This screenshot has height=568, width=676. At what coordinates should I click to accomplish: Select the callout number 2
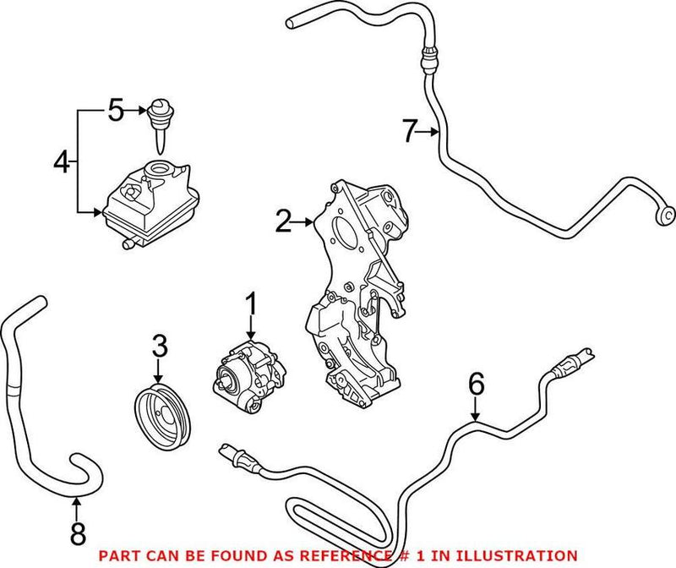pos(283,222)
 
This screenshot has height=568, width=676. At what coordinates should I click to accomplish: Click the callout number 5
pos(117,109)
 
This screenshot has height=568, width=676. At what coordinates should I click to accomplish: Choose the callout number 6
pos(477,385)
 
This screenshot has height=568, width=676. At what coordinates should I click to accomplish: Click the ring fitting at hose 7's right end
pos(663,214)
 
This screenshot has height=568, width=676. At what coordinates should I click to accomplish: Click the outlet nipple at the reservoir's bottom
pos(127,244)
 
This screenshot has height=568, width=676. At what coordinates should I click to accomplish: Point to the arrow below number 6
pos(477,412)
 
